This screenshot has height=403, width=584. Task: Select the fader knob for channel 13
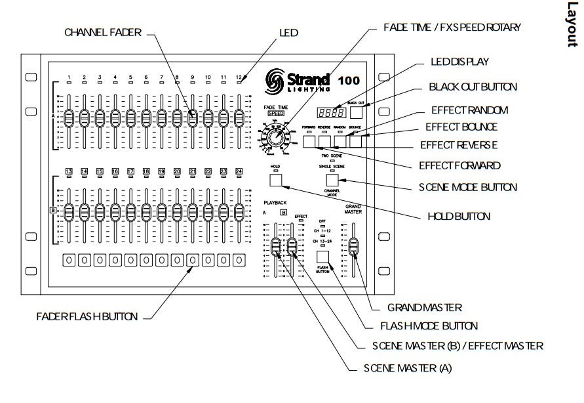pos(69,213)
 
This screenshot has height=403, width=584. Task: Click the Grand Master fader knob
pos(354,246)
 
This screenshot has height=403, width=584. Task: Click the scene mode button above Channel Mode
pos(333,180)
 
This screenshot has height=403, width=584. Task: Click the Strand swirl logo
pos(275,83)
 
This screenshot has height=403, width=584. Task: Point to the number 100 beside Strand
pos(349,81)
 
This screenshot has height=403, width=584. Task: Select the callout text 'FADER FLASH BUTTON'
pos(87,316)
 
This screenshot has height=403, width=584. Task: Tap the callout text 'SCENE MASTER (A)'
pos(408,368)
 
